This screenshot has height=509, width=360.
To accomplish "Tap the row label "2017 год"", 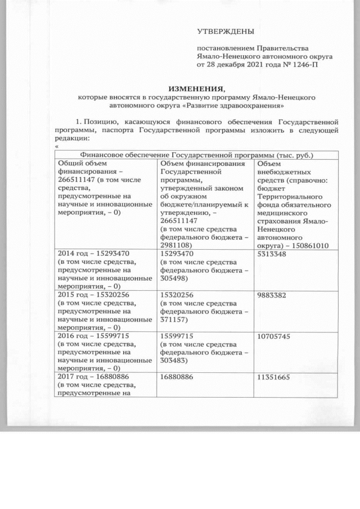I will (73, 378).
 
